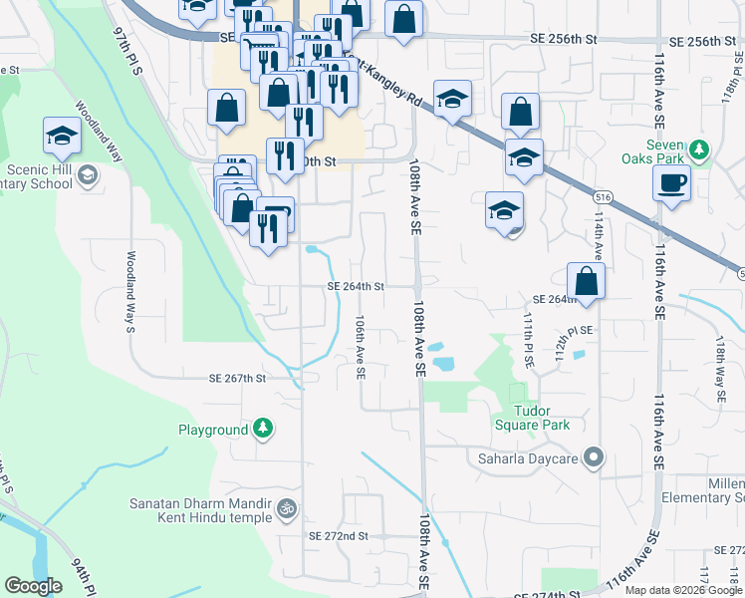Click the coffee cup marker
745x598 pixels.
click(672, 183)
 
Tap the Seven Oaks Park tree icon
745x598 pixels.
click(700, 149)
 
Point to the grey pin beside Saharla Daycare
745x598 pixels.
click(594, 458)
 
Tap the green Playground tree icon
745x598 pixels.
click(262, 430)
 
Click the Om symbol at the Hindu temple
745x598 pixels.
click(287, 509)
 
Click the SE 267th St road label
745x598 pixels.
click(237, 379)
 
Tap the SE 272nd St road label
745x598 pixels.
click(339, 535)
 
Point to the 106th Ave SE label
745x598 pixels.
click(361, 348)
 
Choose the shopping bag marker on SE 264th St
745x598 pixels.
click(587, 282)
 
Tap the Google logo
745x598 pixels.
click(34, 587)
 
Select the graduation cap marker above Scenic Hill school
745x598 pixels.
click(63, 136)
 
